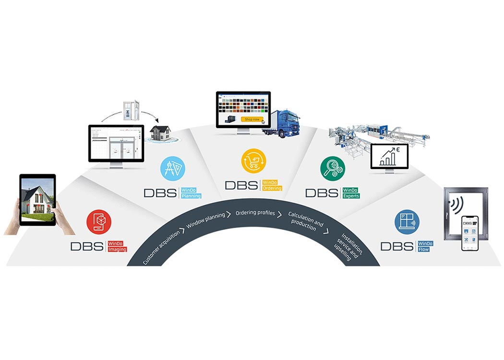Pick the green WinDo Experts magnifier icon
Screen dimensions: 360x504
click(x=333, y=169)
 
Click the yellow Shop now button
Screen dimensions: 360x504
click(x=252, y=119)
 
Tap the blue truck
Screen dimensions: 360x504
click(x=283, y=124)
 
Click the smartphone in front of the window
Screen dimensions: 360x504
click(x=471, y=233)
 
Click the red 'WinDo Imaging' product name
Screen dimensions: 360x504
click(x=117, y=246)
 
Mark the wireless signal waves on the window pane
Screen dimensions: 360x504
click(x=456, y=205)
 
